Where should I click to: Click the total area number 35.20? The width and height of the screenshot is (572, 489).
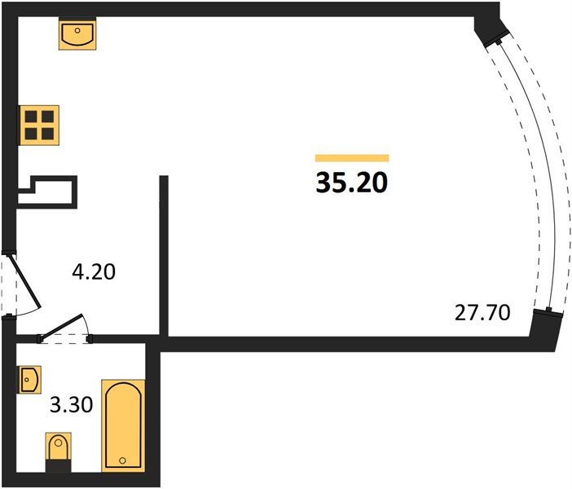(352, 183)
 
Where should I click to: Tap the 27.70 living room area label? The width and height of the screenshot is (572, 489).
(482, 313)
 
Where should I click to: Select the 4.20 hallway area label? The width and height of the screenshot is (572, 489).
(94, 272)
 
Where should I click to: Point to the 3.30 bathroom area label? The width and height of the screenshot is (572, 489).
(71, 405)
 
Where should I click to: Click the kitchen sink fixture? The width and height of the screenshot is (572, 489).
(77, 33)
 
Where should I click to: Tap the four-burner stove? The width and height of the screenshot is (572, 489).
(39, 126)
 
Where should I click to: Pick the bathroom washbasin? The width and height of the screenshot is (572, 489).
(30, 380)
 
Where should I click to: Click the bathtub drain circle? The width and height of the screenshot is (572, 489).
(123, 460)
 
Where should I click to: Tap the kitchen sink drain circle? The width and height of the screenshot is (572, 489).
(77, 31)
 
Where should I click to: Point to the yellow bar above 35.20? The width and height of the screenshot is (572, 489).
(352, 158)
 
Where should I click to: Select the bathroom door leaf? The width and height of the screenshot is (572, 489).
(62, 325)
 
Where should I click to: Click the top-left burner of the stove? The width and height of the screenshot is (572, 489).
(31, 117)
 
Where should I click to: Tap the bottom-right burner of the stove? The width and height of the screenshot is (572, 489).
(48, 134)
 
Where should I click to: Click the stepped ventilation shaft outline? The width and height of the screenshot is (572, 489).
(47, 192)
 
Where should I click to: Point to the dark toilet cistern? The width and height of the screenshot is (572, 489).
(58, 466)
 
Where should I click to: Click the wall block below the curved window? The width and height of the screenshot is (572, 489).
(544, 330)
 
